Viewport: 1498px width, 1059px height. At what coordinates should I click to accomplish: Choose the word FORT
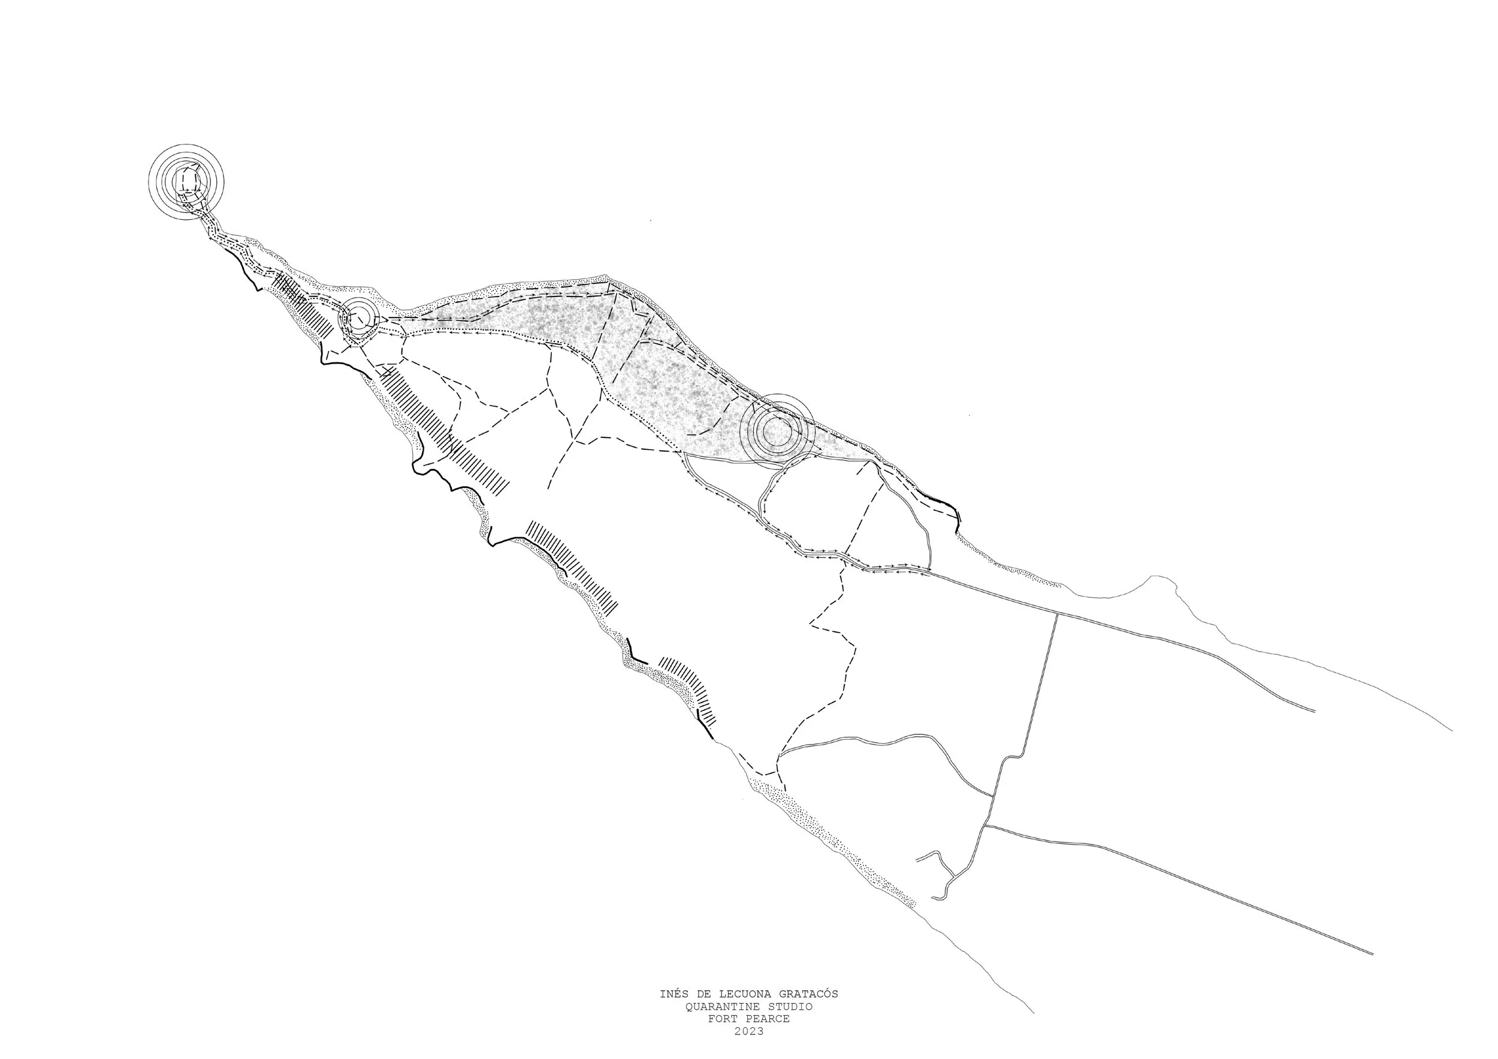[721, 1019]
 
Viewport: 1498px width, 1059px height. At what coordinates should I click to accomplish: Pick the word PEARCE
[770, 1019]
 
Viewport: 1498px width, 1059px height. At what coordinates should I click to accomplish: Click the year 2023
[748, 1031]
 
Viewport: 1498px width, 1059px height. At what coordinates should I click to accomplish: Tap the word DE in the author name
[702, 994]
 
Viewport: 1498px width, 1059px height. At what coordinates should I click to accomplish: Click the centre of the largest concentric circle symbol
[186, 181]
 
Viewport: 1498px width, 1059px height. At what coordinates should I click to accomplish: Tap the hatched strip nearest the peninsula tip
[300, 304]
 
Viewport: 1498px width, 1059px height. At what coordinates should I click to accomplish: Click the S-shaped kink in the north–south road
[1011, 758]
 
